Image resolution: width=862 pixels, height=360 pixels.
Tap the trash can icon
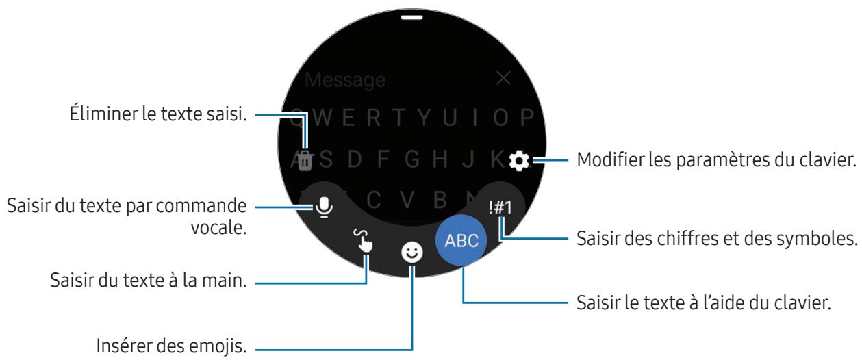306,161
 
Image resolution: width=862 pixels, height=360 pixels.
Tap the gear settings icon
521,161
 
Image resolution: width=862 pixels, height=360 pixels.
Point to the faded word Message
345,80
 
